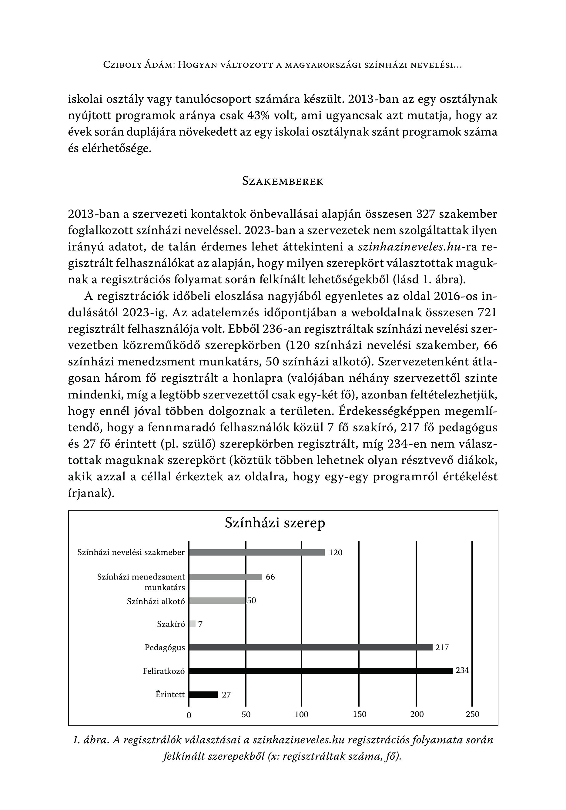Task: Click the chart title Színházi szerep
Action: (275, 523)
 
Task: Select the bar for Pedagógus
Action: (310, 647)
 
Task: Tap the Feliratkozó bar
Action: (320, 671)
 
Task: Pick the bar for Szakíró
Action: (192, 624)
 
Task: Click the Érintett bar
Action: (203, 694)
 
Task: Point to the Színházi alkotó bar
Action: (217, 600)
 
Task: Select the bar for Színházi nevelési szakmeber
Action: (256, 553)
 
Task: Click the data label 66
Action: (270, 577)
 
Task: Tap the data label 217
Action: (442, 647)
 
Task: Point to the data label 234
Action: (462, 670)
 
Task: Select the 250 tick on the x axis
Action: (473, 714)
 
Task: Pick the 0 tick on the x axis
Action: (189, 715)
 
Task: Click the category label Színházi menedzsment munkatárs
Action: (141, 582)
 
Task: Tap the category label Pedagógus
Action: (165, 647)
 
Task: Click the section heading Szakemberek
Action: (283, 181)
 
